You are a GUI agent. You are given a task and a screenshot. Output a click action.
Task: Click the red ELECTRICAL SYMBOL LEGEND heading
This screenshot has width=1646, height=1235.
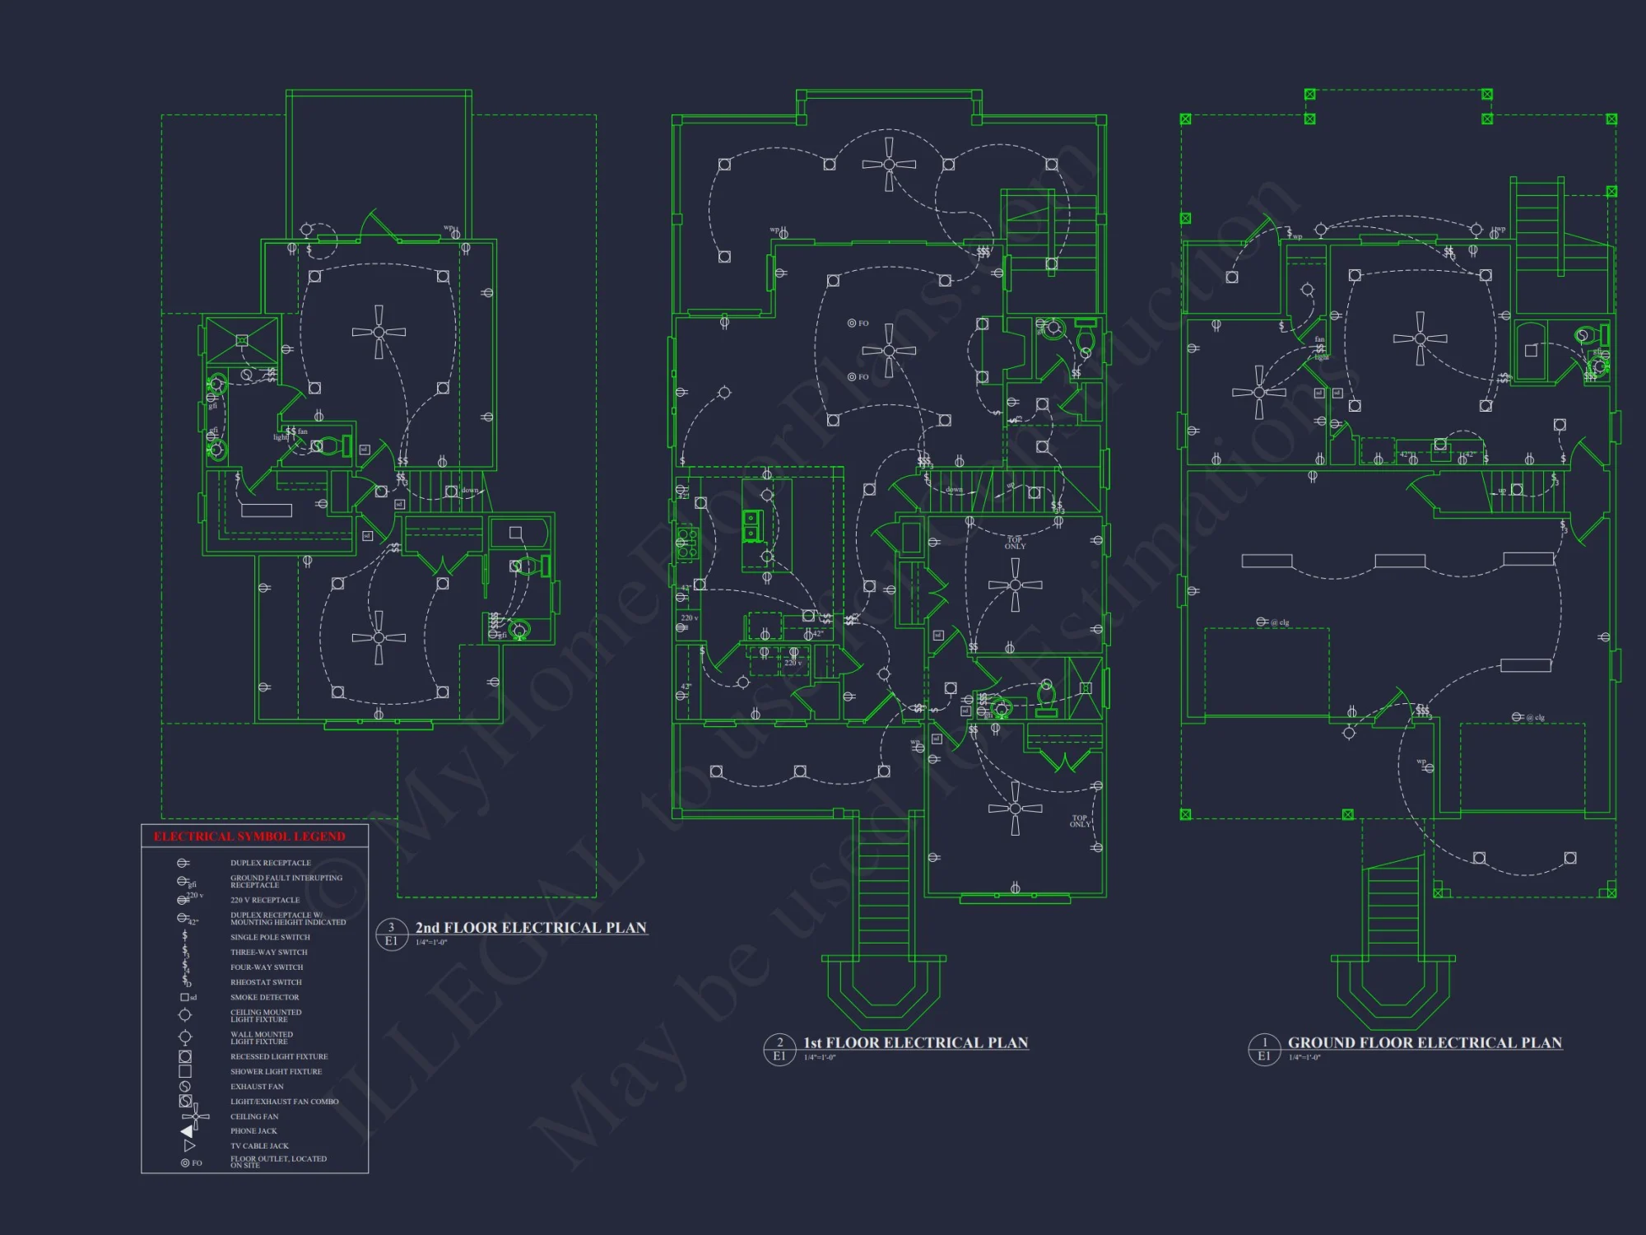tap(249, 837)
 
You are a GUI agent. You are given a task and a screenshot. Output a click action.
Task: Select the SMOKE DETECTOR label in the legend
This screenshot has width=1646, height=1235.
tap(264, 997)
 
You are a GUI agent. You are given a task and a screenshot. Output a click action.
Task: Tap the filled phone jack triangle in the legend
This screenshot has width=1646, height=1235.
tap(187, 1131)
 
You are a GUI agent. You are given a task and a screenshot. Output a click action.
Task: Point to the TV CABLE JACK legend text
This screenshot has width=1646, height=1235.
tap(259, 1146)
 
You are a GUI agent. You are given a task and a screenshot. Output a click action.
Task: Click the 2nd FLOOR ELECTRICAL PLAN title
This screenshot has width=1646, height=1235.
tap(531, 928)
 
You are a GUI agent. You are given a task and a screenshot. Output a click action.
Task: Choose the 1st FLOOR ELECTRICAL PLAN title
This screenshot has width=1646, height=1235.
tap(916, 1043)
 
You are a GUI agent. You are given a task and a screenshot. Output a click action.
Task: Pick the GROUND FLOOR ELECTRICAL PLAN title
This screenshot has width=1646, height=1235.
tap(1425, 1043)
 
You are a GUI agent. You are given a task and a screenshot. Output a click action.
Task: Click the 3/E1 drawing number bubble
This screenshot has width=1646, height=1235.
tap(391, 934)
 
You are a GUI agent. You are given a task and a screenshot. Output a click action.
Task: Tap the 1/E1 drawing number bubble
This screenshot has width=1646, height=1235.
tap(1265, 1049)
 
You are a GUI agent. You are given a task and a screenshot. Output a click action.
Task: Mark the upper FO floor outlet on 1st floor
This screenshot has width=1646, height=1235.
tap(853, 324)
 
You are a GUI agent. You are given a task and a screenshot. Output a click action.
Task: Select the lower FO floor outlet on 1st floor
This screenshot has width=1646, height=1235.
tap(853, 377)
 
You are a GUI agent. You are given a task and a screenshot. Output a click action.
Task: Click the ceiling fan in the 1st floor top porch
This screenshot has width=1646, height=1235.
tap(889, 164)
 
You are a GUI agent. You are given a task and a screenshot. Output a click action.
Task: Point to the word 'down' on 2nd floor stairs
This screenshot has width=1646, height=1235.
tap(470, 490)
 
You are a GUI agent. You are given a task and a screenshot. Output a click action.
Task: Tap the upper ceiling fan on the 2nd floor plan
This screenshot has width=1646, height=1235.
tap(379, 332)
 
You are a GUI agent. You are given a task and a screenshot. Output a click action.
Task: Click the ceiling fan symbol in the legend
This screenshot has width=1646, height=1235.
tap(195, 1116)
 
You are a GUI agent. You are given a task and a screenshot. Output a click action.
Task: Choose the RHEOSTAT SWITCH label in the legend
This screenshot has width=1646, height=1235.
tap(266, 982)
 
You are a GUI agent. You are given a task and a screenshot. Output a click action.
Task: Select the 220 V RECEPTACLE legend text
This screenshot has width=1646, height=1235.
tap(265, 900)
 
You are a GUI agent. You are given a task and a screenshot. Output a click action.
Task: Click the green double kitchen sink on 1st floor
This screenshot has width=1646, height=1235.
tap(751, 526)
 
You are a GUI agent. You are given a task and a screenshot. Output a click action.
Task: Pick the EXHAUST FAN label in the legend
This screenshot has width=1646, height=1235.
tap(257, 1087)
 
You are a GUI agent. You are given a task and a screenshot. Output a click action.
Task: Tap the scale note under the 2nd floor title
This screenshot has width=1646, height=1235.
tap(431, 943)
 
